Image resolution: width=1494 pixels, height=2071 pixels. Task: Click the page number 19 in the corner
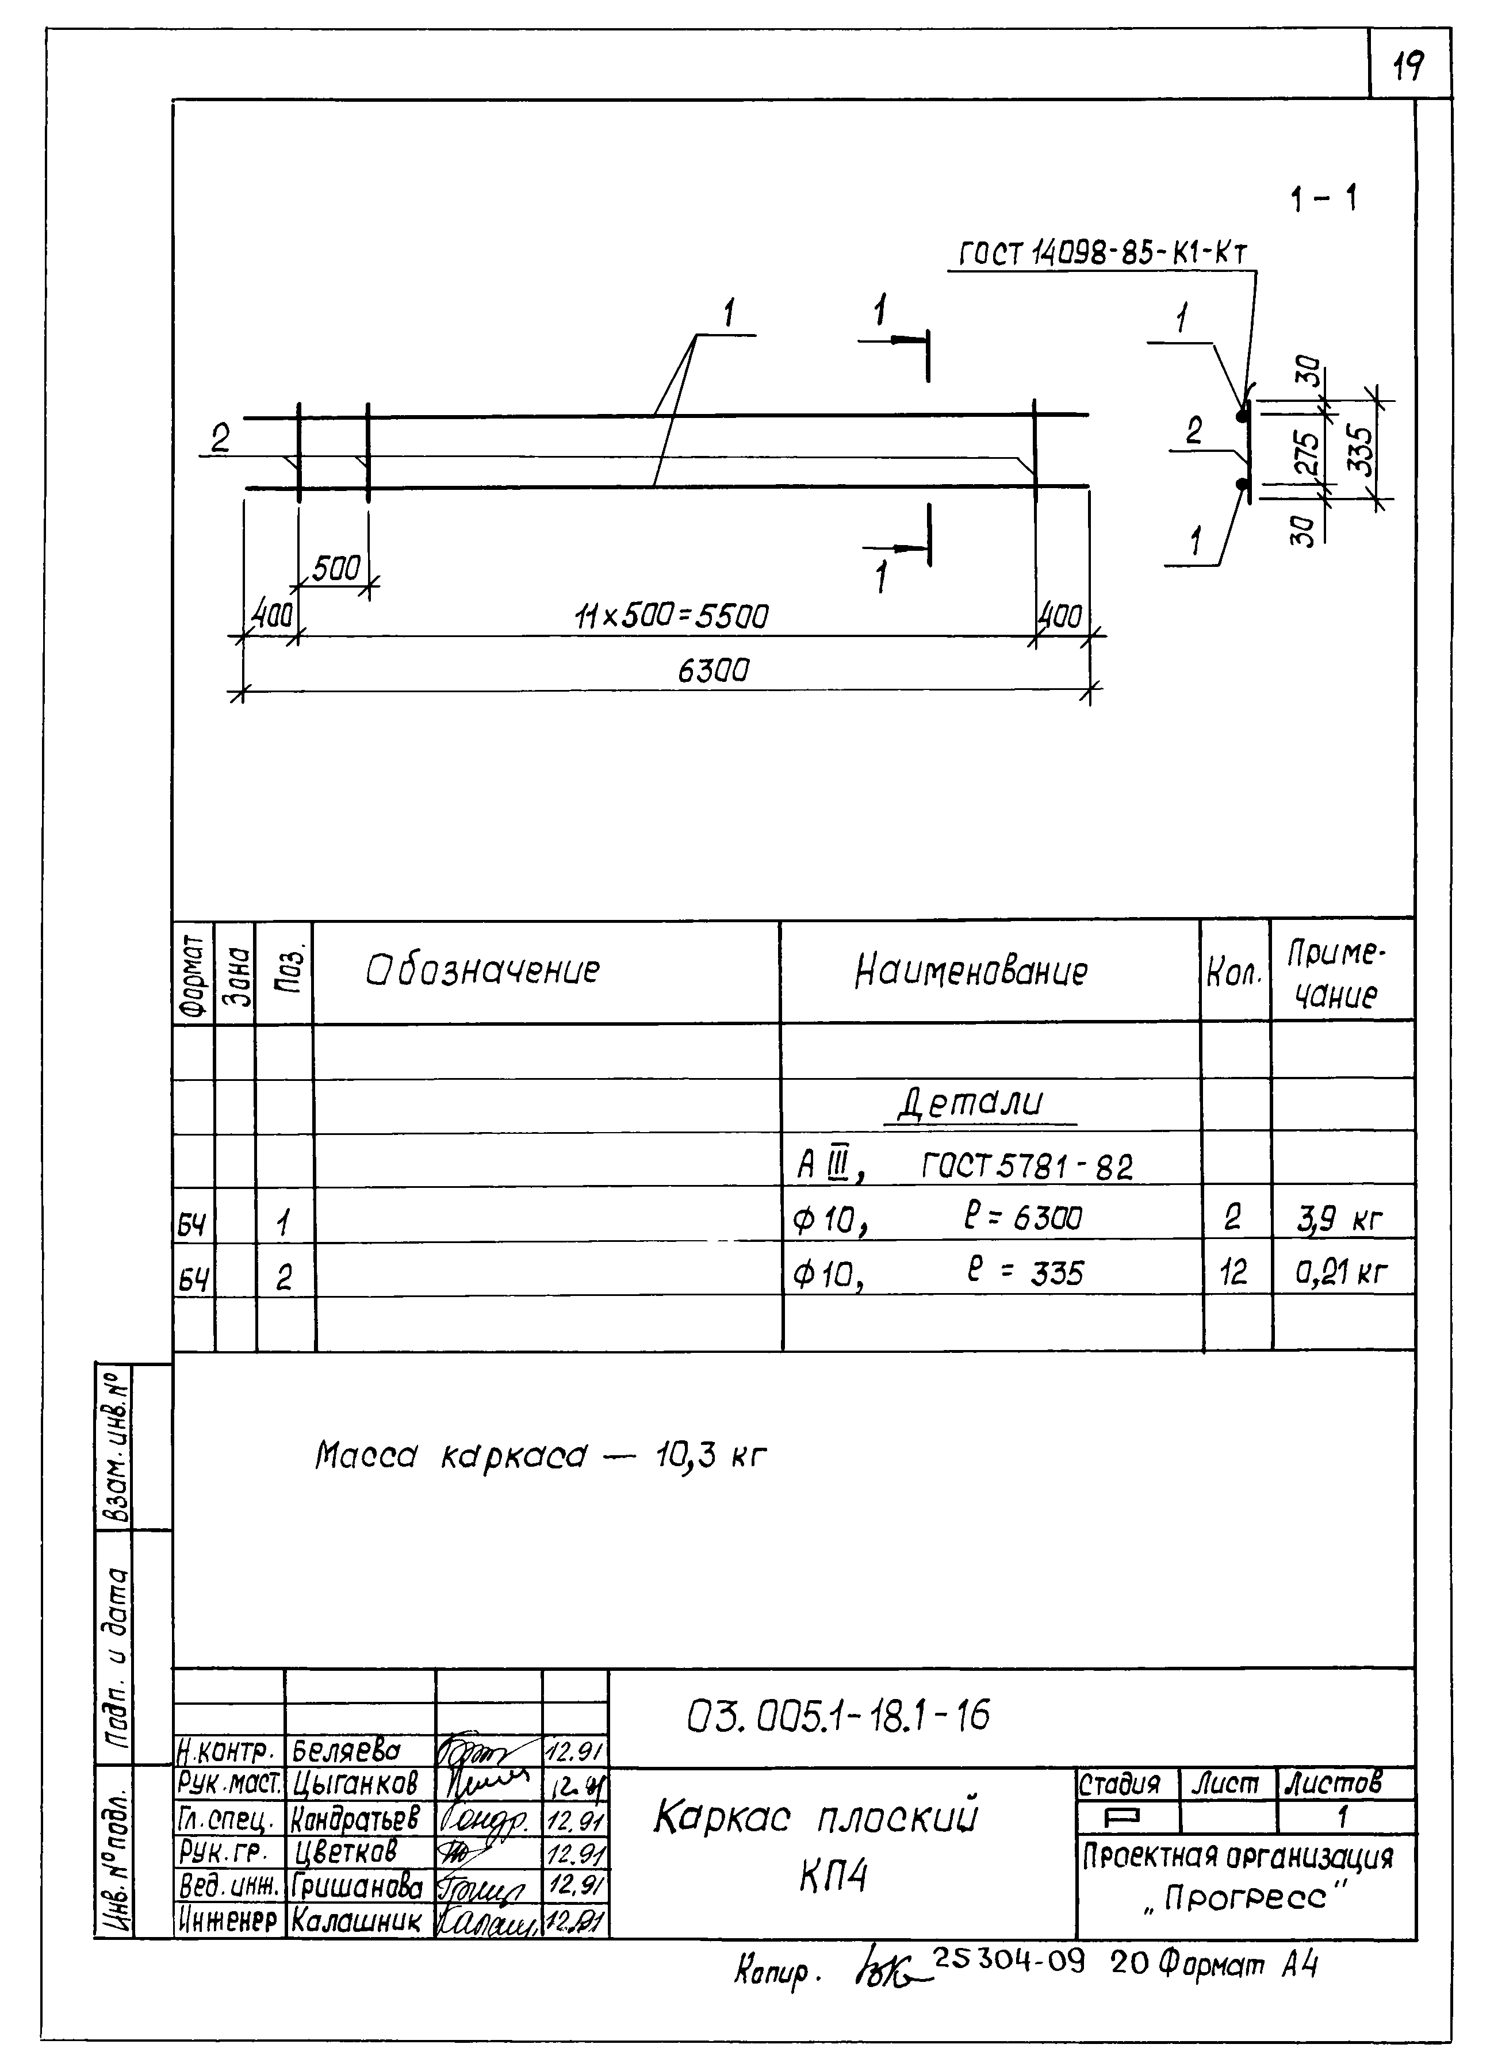[x=1409, y=65]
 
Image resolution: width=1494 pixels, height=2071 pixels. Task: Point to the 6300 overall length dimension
[x=712, y=671]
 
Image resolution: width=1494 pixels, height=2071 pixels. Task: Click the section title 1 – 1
[x=1323, y=199]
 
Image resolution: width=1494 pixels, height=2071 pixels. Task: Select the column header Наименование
[x=971, y=972]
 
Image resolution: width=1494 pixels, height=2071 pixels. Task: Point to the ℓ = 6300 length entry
[x=1023, y=1218]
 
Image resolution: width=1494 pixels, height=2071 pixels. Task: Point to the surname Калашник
[x=356, y=1922]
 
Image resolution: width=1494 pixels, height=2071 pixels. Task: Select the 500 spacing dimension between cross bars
[x=335, y=569]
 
